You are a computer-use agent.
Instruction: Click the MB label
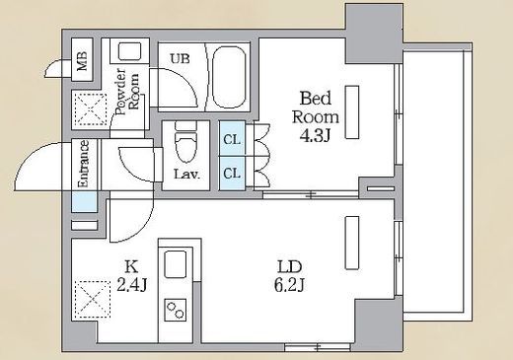(x=82, y=60)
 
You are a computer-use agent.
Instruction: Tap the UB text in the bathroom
(x=180, y=59)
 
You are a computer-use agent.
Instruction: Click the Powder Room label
(x=127, y=91)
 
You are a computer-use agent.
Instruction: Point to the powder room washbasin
(x=130, y=51)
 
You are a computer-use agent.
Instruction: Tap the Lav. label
(x=186, y=174)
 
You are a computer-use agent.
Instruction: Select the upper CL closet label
(x=232, y=140)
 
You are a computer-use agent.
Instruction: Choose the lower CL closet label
(x=232, y=173)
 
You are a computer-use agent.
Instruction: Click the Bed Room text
(x=316, y=108)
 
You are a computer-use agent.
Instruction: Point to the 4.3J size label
(x=315, y=135)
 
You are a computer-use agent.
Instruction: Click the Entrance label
(x=84, y=164)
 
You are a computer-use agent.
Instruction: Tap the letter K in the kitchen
(x=131, y=266)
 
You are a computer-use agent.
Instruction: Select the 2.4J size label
(x=131, y=284)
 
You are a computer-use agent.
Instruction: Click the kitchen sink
(x=176, y=264)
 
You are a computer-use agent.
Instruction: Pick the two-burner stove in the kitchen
(x=176, y=310)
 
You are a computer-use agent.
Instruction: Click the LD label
(x=289, y=267)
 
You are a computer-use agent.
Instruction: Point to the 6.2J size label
(x=289, y=285)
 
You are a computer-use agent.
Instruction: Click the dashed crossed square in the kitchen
(x=93, y=299)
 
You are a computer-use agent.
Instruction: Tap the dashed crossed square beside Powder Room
(x=91, y=109)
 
